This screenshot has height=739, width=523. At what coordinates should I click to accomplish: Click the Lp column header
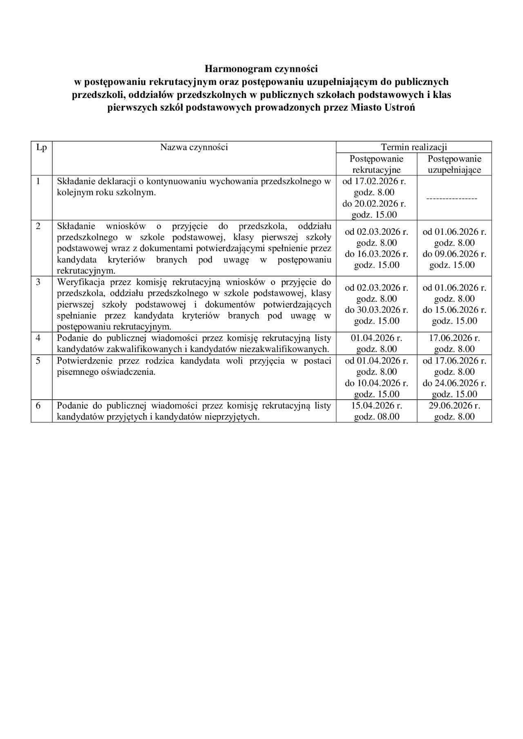pos(41,147)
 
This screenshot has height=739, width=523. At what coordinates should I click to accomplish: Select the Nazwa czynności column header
pos(194,147)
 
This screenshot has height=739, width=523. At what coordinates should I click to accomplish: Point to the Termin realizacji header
pos(413,147)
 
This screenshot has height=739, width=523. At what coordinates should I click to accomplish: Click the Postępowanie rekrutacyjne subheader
pos(376,164)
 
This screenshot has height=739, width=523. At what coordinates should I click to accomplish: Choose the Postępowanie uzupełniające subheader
pos(454,164)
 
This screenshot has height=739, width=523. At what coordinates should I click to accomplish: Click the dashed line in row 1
pos(451,198)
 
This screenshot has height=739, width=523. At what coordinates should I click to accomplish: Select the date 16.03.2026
pos(381,254)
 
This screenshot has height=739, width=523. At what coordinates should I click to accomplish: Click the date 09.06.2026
pos(459,254)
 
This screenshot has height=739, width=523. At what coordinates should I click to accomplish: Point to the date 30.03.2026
pos(381,310)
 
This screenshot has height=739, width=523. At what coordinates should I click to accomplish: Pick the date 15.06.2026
pos(459,310)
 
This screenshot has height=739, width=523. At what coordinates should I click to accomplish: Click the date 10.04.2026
pos(381,383)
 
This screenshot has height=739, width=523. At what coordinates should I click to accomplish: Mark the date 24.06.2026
pos(459,383)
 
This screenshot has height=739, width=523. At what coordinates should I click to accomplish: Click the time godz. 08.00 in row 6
pos(376,417)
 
